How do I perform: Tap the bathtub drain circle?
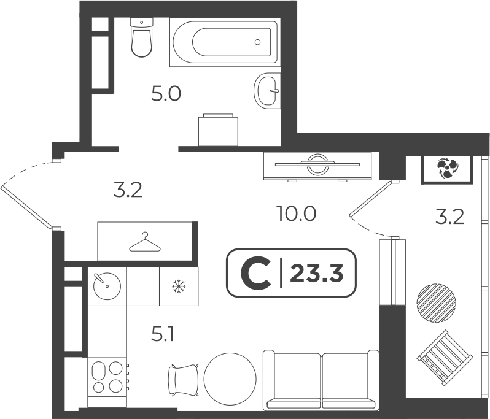pos(257,42)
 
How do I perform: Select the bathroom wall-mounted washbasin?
pos(266,91)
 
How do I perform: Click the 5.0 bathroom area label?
pos(166,94)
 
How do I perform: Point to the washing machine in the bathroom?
pos(218,130)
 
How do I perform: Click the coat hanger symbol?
pos(145,242)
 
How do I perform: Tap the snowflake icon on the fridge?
pos(179,286)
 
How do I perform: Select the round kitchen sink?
pos(107,286)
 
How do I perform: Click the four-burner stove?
pos(108,377)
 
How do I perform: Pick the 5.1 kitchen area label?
pos(162,336)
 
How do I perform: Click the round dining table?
pos(230,379)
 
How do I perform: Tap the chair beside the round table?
pos(184,380)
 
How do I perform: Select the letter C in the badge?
pos(255,273)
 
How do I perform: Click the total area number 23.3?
pos(317,273)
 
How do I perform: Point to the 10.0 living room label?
pos(296,214)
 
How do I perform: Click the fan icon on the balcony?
pos(446,169)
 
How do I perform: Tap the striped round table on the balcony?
pos(435,302)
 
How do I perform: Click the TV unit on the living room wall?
pos(317,166)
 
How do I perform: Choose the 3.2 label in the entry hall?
pos(128,190)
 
